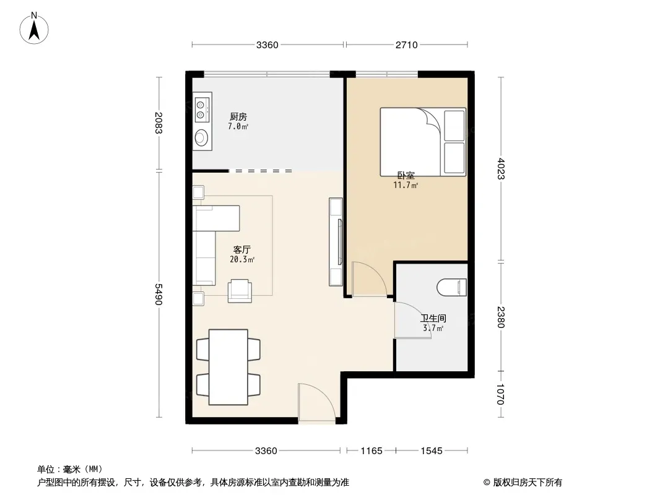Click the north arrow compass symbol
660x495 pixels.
(34, 28)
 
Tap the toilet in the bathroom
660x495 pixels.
(451, 288)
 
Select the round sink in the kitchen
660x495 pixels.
(201, 137)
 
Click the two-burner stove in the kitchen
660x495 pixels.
(201, 109)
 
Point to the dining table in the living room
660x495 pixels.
(228, 367)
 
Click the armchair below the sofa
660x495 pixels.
(240, 291)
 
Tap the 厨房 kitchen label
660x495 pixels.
(238, 116)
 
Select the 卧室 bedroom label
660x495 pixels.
(406, 175)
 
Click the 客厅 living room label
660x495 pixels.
(242, 250)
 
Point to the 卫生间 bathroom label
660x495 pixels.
(433, 319)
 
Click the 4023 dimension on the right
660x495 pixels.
(500, 168)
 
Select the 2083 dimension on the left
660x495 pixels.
(158, 123)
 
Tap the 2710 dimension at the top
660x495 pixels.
(407, 45)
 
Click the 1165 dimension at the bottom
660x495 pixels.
(371, 451)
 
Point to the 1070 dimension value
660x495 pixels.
(500, 394)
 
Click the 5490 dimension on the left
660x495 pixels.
(158, 294)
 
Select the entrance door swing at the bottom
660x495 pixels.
(316, 402)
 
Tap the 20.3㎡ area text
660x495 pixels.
(242, 259)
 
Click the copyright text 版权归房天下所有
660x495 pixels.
(527, 483)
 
